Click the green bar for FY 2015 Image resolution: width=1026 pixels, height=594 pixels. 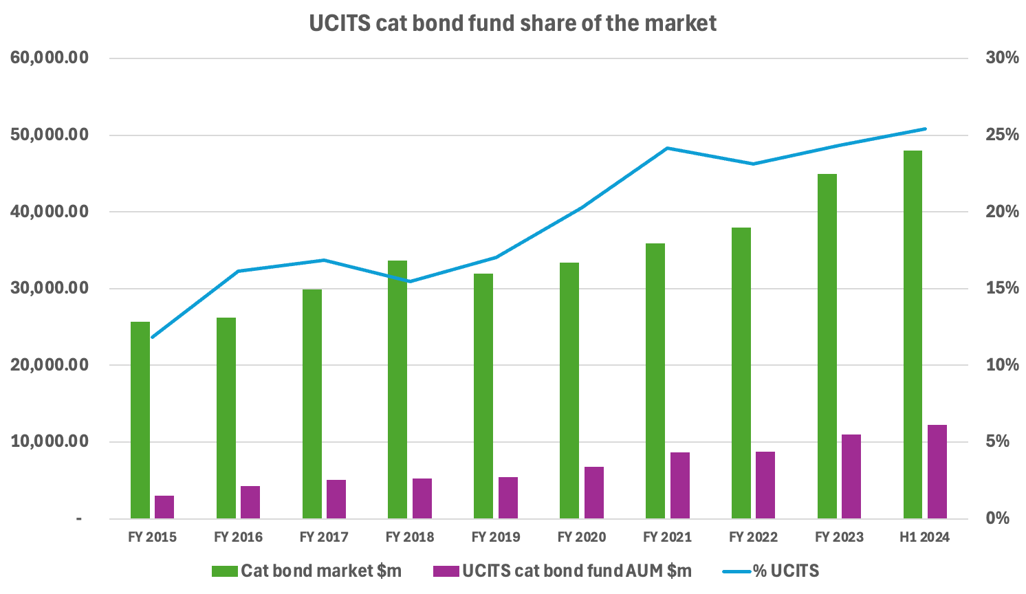coord(140,419)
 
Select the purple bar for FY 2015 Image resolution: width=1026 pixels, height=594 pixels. coord(164,507)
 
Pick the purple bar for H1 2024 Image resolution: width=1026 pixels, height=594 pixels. coord(937,472)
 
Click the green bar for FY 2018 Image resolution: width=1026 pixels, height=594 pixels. coord(397,389)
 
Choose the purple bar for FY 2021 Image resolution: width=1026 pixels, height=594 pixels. coord(679,485)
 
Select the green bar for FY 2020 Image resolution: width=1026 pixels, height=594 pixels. coord(569,390)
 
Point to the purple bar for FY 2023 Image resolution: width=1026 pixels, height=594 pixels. coord(851,476)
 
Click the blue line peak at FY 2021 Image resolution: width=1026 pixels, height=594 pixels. coord(667,148)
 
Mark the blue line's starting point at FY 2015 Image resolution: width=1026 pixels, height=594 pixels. coord(152,337)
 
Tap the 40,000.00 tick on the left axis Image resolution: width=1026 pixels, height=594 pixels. coord(50,212)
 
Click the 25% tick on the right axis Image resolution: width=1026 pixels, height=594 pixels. coord(1002,135)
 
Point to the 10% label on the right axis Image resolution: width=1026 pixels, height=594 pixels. coord(1002,365)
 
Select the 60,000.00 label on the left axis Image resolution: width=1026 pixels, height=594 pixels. coord(50,58)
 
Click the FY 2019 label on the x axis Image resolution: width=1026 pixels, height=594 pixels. coord(496,537)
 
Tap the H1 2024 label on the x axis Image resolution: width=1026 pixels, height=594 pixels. coord(924,537)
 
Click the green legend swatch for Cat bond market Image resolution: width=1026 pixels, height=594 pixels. coord(224,571)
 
